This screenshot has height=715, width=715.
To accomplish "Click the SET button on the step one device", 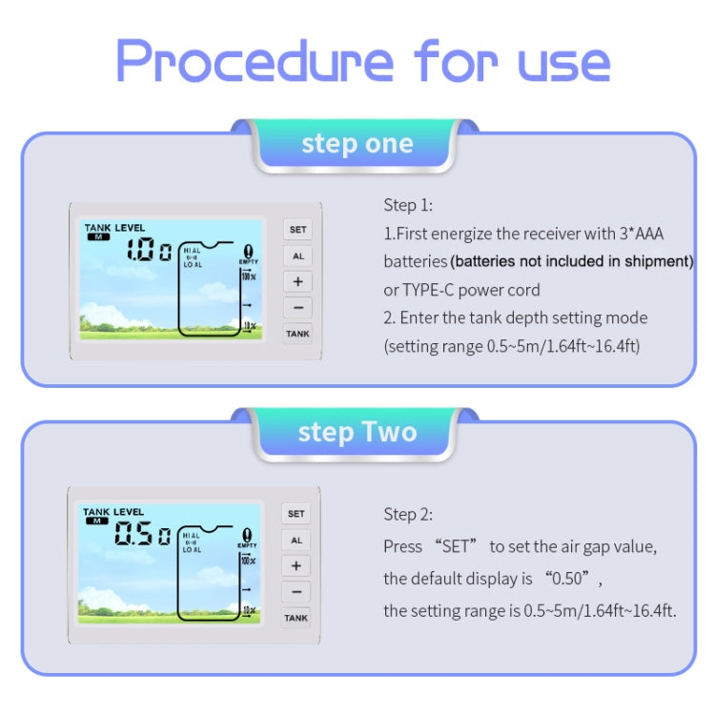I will (297, 230).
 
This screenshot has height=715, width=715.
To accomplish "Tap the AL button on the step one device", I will (297, 256).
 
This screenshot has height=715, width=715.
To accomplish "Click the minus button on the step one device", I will (297, 308).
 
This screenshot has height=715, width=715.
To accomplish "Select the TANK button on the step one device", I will (297, 334).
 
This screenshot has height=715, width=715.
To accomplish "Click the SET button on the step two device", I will (296, 514).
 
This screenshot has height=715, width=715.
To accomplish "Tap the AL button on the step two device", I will (296, 541).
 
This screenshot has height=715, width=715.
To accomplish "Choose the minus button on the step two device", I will (296, 592).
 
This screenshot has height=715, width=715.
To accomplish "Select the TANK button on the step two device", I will (296, 618).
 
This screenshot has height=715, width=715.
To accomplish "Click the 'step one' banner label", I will (357, 144).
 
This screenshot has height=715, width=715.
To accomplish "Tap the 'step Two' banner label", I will (357, 432).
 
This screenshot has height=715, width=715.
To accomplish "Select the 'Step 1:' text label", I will (408, 205).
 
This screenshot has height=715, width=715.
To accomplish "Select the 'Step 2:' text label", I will (408, 515).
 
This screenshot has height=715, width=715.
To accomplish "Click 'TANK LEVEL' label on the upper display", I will (114, 228).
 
